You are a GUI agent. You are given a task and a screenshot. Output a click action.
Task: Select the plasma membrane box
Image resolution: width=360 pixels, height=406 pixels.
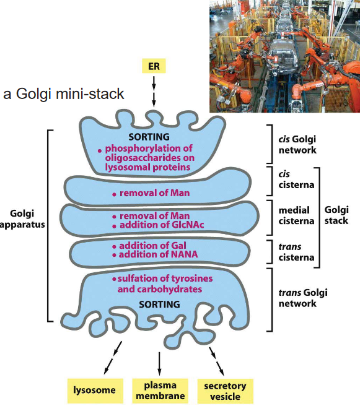pyautogui.click(x=159, y=390)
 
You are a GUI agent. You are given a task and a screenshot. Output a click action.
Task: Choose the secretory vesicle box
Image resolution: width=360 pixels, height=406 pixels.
pyautogui.click(x=225, y=390)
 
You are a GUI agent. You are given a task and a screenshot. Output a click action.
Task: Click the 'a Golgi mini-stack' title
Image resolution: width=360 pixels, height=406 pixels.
pyautogui.click(x=64, y=95)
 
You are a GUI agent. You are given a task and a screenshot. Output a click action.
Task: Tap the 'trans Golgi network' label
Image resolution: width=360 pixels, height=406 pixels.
pyautogui.click(x=297, y=298)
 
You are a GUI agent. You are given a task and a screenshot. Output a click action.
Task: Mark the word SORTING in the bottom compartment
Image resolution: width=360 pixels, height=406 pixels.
pyautogui.click(x=159, y=304)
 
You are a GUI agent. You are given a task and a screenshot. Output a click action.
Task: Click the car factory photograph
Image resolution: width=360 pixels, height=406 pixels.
pyautogui.click(x=284, y=56)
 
